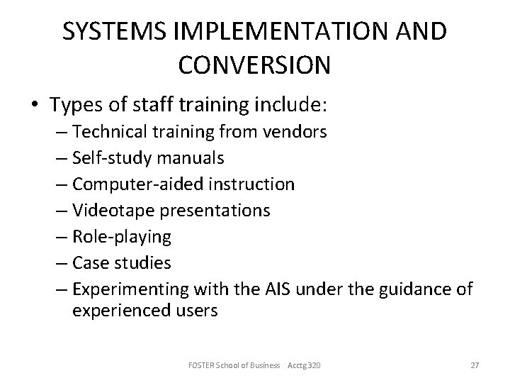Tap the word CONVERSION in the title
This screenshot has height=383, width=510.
255,65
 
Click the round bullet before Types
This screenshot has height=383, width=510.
35,106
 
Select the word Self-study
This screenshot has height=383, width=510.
106,158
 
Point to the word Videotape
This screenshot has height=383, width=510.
106,211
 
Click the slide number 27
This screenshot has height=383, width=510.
475,365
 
